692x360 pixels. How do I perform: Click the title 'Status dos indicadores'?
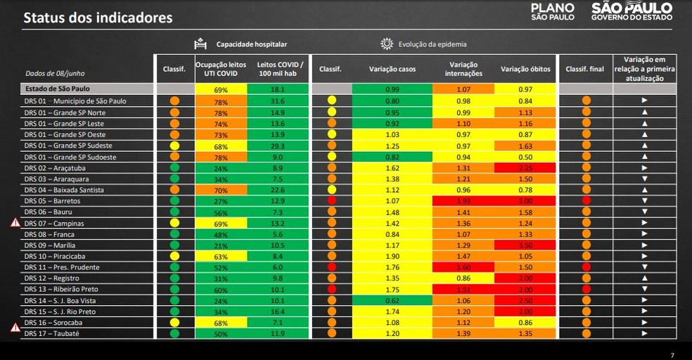98,18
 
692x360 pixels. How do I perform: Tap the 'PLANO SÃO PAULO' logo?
552,12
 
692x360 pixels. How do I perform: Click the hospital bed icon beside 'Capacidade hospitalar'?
200,44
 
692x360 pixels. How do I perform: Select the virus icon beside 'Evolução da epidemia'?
387,44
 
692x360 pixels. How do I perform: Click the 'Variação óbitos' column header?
525,69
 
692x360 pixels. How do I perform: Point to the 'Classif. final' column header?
584,69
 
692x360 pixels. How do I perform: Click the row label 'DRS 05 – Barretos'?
53,200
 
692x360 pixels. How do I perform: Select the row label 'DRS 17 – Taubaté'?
51,333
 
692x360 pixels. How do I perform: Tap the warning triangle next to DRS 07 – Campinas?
15,223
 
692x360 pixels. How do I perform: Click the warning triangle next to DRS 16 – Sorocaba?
15,327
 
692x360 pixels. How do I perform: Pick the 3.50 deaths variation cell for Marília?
525,245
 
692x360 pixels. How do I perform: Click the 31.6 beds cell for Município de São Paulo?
277,101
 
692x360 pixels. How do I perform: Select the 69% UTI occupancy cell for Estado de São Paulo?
221,90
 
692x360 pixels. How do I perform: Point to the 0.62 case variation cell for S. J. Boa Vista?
392,300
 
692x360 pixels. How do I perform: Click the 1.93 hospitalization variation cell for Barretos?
463,200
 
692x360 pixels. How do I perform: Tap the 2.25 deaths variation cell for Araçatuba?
525,168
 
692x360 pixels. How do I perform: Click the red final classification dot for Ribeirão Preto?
586,289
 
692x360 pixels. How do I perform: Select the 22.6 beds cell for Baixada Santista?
277,190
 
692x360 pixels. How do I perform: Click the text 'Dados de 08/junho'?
54,72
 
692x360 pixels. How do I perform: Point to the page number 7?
672,355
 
